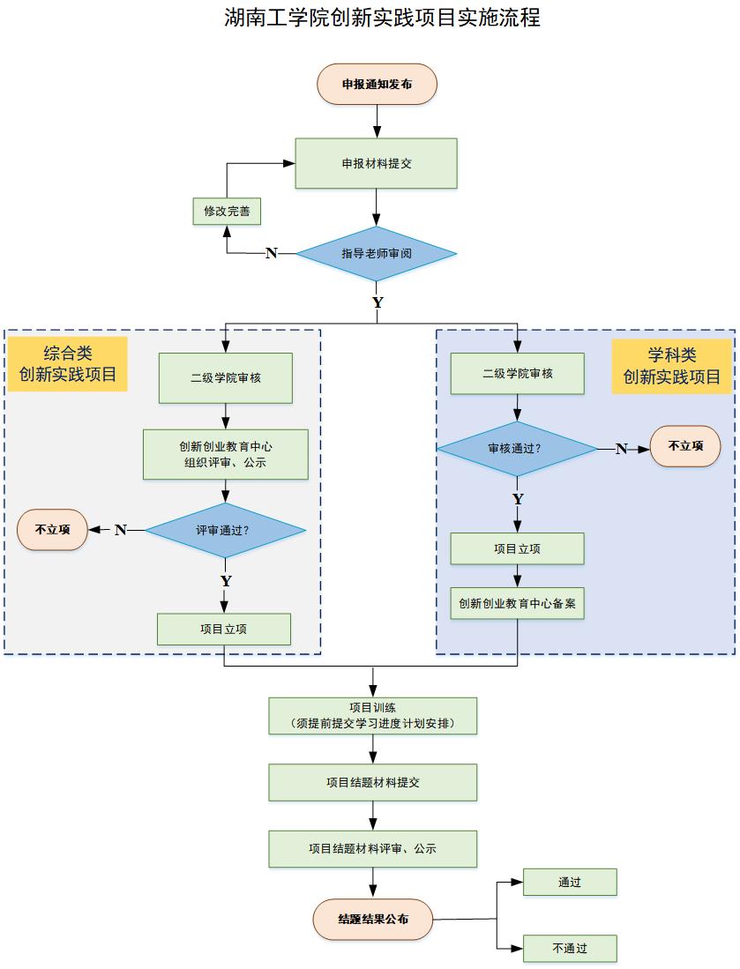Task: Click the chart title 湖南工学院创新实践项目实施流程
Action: click(382, 18)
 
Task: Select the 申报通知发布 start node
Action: click(377, 85)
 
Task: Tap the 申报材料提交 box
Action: click(377, 163)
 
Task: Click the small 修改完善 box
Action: click(227, 212)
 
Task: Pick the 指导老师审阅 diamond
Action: click(377, 254)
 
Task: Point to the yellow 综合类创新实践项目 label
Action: click(68, 363)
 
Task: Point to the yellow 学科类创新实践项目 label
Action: click(672, 366)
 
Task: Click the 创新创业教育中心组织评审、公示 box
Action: click(226, 454)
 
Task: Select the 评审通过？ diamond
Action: click(225, 530)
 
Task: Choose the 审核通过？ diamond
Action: click(517, 449)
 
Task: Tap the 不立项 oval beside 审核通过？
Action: click(685, 446)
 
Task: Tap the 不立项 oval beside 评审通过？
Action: click(52, 530)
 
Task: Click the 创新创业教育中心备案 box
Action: click(517, 604)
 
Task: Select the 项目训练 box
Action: click(372, 716)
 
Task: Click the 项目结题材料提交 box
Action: click(372, 782)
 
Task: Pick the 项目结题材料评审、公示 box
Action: click(372, 848)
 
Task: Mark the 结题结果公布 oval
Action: click(373, 919)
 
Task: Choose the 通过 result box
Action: click(569, 882)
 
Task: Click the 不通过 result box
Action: click(569, 949)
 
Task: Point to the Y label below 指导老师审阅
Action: click(377, 302)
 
